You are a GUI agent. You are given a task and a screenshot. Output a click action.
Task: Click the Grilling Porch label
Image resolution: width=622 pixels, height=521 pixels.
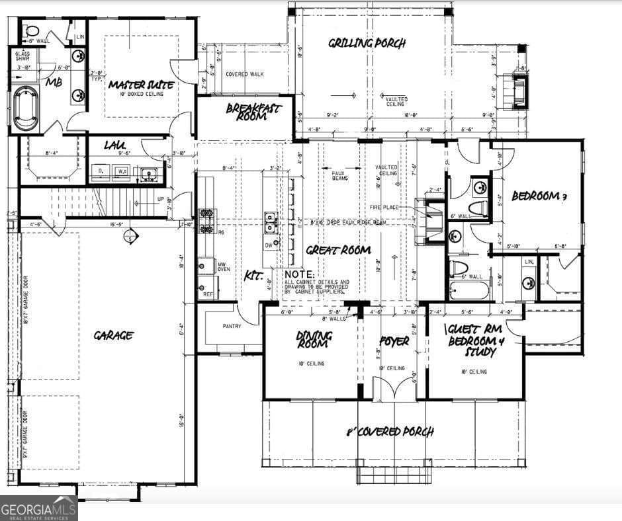367,44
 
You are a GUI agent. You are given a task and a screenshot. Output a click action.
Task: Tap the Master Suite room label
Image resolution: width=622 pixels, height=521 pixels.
141,85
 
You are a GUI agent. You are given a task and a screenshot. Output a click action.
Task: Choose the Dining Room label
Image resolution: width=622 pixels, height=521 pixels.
314,341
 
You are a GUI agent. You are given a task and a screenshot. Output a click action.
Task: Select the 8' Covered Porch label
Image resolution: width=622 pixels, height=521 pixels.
390,432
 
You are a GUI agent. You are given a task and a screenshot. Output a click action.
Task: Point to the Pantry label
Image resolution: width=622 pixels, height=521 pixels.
232,326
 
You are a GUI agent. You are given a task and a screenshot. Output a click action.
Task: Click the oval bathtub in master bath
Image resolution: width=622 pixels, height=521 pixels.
26,108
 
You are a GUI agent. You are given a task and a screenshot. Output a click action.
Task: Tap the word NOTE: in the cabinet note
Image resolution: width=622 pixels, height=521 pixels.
300,274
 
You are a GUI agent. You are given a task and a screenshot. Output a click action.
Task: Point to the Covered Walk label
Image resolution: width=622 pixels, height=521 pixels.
244,74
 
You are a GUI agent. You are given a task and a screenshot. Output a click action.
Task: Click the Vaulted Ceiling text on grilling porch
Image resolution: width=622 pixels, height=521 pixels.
396,101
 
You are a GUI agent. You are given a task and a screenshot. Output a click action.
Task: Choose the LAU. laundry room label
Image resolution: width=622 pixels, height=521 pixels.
115,144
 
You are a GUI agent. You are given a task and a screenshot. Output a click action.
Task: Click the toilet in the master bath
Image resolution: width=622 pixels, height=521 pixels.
32,30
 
